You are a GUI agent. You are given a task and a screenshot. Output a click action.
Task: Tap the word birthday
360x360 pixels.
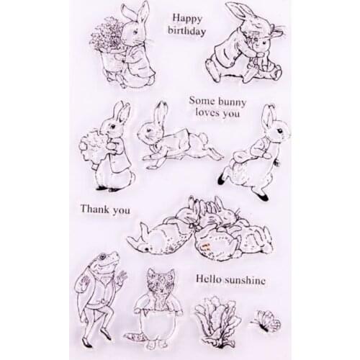point(187,31)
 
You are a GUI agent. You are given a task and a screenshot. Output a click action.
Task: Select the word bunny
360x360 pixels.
point(231,102)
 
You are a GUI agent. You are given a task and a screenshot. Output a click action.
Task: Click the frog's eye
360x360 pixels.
point(103,257)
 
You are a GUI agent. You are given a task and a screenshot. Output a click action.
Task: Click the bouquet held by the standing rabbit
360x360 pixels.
point(93,146)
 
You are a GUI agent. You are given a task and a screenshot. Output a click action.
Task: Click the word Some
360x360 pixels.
point(202,100)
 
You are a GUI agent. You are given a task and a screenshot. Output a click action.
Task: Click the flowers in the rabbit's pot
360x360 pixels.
point(106,35)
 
